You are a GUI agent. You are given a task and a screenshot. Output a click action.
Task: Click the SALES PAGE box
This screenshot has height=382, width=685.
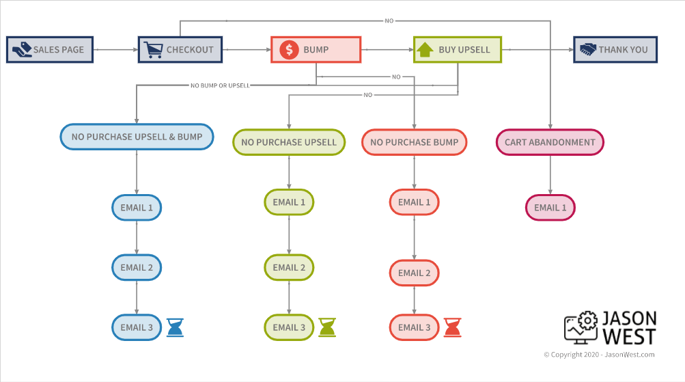click(x=50, y=50)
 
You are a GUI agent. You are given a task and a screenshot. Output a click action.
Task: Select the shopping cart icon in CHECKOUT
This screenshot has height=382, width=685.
click(x=152, y=50)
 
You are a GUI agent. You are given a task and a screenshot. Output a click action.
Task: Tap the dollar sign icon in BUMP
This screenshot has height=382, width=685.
click(x=289, y=50)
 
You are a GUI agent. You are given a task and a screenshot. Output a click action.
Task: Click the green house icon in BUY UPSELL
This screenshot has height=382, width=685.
click(x=425, y=50)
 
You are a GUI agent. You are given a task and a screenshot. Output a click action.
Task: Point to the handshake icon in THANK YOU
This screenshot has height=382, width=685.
click(x=587, y=50)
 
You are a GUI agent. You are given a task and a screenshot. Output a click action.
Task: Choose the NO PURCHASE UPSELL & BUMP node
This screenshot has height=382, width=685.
click(x=137, y=137)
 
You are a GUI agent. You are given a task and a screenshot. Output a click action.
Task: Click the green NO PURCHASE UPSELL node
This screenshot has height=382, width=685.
click(x=289, y=142)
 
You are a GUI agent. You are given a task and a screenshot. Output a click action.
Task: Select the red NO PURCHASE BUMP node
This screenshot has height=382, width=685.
click(x=415, y=142)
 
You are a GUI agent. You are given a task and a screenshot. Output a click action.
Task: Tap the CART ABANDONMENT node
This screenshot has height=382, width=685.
click(x=550, y=142)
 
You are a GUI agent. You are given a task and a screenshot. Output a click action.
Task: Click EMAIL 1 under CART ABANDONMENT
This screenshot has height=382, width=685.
click(x=550, y=208)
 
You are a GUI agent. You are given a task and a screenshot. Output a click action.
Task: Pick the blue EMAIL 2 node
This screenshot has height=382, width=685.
click(x=137, y=267)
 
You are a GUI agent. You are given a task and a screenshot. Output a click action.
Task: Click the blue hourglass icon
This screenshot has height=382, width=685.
click(x=176, y=327)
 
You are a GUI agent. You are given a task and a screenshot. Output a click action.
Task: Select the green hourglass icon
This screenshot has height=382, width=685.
click(x=328, y=327)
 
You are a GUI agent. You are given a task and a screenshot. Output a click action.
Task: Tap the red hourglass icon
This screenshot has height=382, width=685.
click(x=452, y=327)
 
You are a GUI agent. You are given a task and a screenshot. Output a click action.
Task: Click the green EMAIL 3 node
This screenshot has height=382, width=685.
click(x=289, y=327)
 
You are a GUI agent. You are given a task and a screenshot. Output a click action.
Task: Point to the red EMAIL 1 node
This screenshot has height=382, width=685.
click(x=415, y=202)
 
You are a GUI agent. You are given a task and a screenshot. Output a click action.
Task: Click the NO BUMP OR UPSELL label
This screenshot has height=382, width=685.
click(x=220, y=85)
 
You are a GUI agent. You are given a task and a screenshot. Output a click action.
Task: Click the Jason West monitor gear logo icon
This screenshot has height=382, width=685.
click(x=580, y=329)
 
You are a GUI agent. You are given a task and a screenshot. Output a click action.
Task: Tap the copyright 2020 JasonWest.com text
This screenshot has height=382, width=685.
click(x=599, y=355)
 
